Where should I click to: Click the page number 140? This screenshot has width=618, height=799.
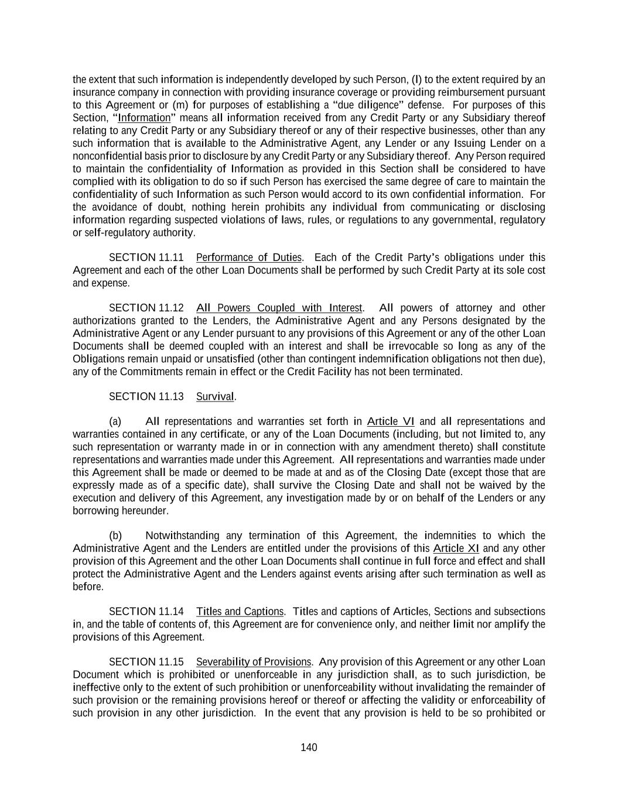point(309,747)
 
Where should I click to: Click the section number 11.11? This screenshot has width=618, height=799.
point(171,258)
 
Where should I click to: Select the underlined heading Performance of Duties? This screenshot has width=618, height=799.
point(249,258)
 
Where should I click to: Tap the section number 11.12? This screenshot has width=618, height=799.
point(171,308)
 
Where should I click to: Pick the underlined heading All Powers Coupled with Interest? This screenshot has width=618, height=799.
point(279,308)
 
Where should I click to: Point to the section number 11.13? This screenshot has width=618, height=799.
point(171,397)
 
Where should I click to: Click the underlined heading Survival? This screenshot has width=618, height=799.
point(215,397)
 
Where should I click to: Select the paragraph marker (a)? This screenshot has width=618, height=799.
point(115,421)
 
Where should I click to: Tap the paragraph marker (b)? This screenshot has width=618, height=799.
point(115,536)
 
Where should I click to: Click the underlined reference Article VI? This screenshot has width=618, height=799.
point(391,421)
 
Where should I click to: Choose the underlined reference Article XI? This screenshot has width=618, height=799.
point(456,548)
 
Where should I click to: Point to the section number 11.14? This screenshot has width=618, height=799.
point(171,612)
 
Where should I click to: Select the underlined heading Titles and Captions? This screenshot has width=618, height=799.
point(240,612)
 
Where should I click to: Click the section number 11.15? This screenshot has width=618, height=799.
point(171,662)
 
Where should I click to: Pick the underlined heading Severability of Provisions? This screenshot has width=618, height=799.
point(253,662)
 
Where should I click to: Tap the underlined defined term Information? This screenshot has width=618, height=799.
point(144,118)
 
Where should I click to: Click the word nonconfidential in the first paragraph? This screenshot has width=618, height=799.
point(107,156)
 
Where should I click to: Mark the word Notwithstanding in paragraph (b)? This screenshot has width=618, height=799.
point(182,536)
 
